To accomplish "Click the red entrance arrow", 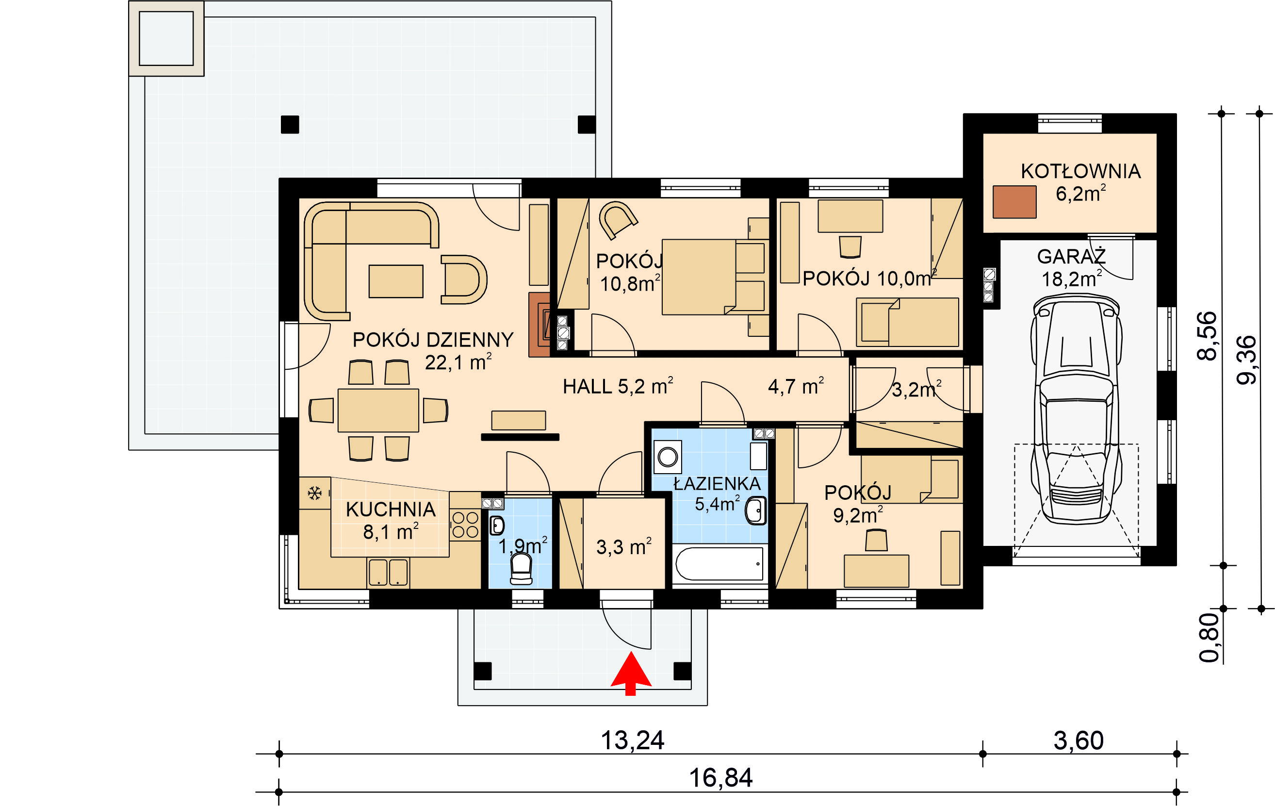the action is (631, 673).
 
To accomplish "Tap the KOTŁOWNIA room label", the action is (1080, 171).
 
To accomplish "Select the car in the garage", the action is (1077, 410).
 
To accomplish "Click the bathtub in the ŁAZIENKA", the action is (719, 564).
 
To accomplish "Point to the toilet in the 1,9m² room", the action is (521, 568).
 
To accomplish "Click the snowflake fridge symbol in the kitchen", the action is (314, 493).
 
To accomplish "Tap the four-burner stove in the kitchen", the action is (465, 525).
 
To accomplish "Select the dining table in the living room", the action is (378, 411).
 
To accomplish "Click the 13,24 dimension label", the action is (632, 740).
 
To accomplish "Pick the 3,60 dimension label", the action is (1079, 740).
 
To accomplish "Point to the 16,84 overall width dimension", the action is (720, 778).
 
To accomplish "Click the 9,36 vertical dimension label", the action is (1246, 360).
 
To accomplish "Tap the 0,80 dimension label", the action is (1209, 638).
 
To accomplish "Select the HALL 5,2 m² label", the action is (618, 386).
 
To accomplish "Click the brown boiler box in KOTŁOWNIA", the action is (1014, 202).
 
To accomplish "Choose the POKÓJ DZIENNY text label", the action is (433, 340).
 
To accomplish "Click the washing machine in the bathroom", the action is (668, 456).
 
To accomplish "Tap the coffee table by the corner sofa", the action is (396, 281).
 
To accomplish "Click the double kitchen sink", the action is (388, 573).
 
